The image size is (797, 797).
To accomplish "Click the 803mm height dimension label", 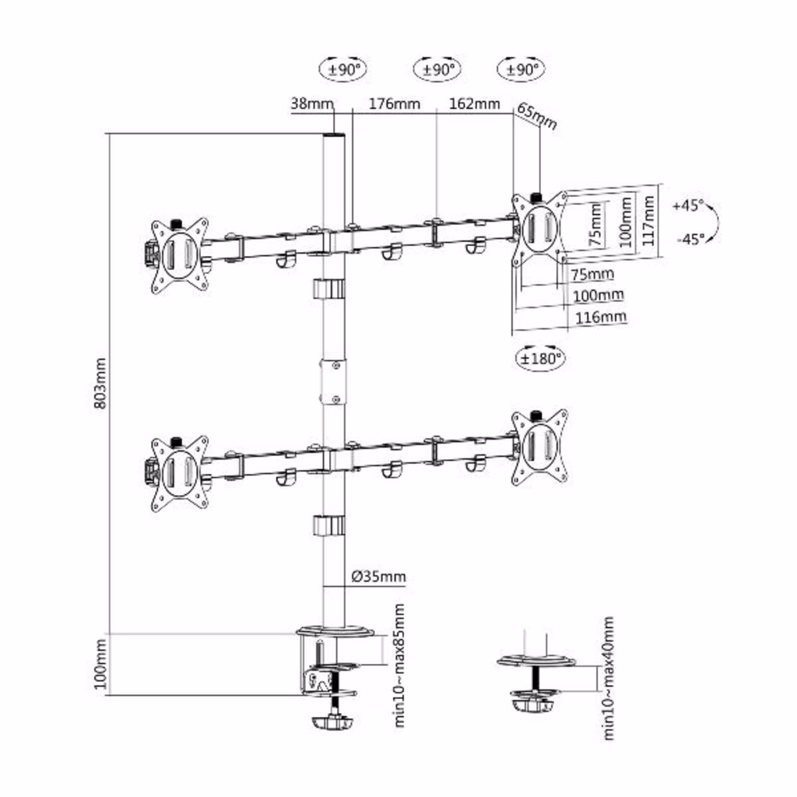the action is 100,384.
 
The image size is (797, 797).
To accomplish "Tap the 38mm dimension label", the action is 311,104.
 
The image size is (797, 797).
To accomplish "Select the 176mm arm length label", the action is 395,104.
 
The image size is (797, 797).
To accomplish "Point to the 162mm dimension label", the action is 474,104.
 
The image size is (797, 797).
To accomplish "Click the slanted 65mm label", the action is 537,117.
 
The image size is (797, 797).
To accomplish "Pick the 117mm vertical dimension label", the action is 648,221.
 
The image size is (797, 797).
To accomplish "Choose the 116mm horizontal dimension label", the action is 600,318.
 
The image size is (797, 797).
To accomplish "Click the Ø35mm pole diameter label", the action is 379,577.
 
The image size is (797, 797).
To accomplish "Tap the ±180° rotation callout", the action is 540,359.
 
